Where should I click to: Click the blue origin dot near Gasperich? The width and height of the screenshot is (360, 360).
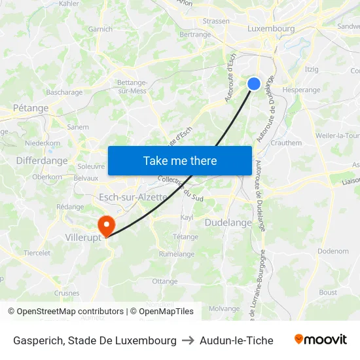pyautogui.click(x=254, y=83)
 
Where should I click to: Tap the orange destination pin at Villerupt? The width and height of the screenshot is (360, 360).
pyautogui.click(x=105, y=226)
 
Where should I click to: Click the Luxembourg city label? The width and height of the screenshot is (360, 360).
pyautogui.click(x=271, y=29)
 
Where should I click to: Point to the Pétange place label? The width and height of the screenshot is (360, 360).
pyautogui.click(x=31, y=108)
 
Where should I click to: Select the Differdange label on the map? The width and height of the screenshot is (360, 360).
pyautogui.click(x=42, y=160)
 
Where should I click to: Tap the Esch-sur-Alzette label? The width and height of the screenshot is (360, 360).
pyautogui.click(x=133, y=197)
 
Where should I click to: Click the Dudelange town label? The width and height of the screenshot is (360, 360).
pyautogui.click(x=228, y=223)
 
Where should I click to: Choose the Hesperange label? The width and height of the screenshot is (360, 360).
pyautogui.click(x=301, y=90)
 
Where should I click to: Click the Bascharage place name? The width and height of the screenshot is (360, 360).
pyautogui.click(x=64, y=93)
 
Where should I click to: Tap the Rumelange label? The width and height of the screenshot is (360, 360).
pyautogui.click(x=177, y=254)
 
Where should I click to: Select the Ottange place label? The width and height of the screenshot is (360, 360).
pyautogui.click(x=164, y=281)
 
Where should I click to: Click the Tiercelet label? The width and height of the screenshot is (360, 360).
pyautogui.click(x=37, y=253)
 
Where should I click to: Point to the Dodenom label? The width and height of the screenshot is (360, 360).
pyautogui.click(x=333, y=251)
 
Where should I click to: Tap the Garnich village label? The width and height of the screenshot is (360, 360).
pyautogui.click(x=100, y=29)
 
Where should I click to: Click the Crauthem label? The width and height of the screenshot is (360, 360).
pyautogui.click(x=286, y=143)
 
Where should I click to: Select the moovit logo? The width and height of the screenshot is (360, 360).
pyautogui.click(x=321, y=340)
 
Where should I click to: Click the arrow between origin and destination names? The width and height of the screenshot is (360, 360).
pyautogui.click(x=188, y=340)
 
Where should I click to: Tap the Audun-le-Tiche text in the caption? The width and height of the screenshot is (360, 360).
pyautogui.click(x=236, y=340)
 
